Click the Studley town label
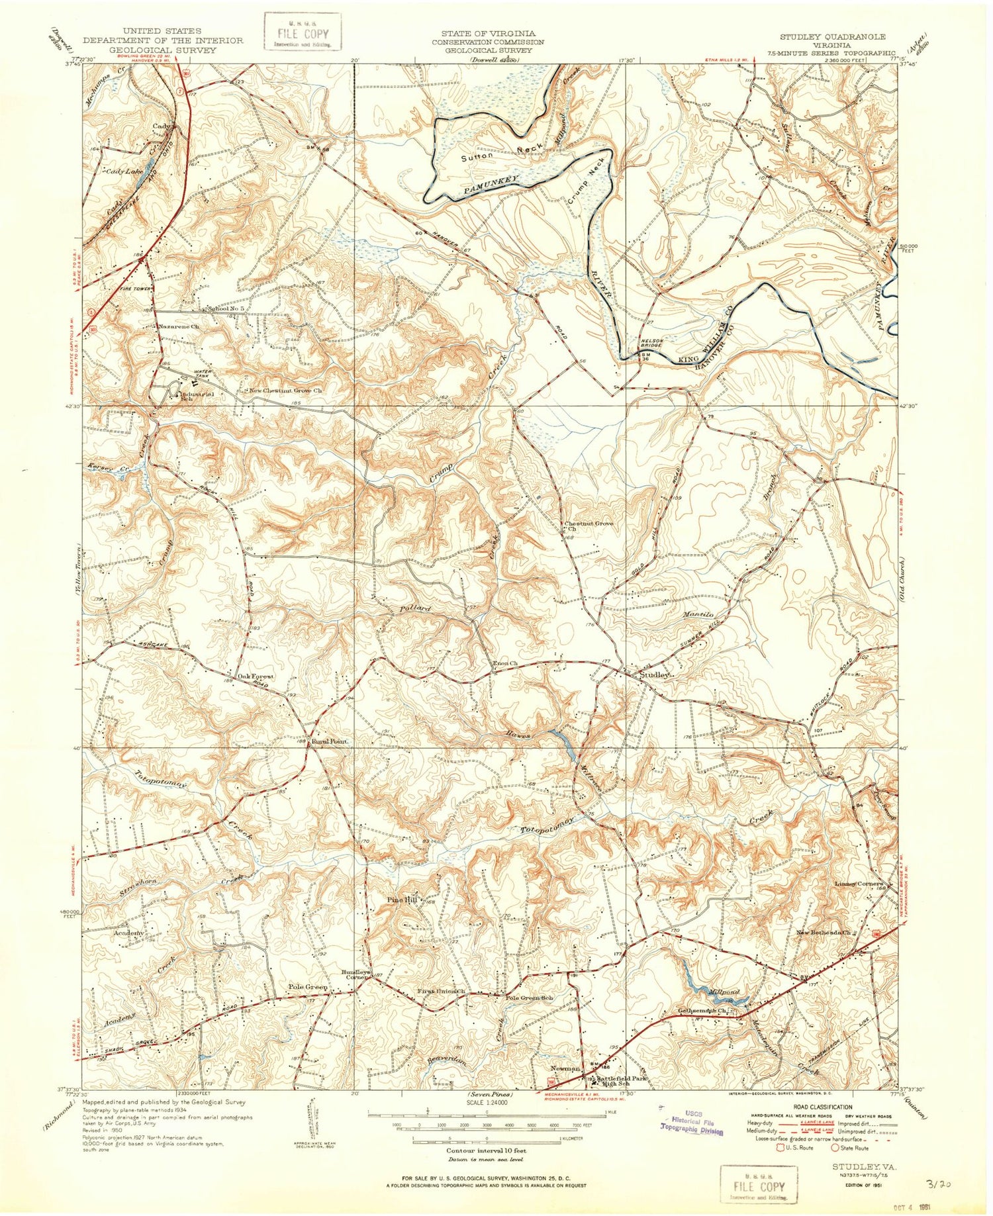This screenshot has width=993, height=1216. [x=656, y=676]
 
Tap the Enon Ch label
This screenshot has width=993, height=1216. [x=505, y=664]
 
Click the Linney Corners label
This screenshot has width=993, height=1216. [x=858, y=884]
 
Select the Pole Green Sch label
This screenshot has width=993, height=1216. [x=529, y=998]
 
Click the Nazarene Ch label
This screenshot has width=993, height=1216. [x=179, y=326]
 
